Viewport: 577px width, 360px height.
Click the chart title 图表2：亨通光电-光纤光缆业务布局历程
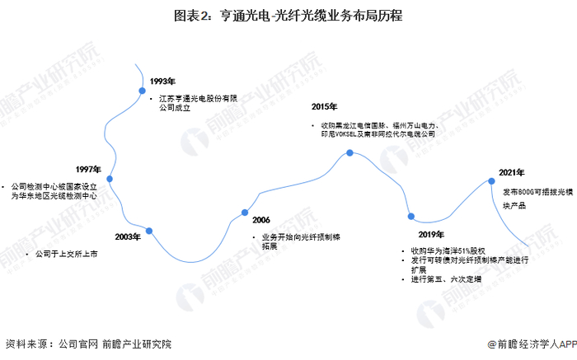(x=288, y=16)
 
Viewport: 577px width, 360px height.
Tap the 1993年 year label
(x=163, y=81)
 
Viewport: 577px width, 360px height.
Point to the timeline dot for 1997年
(x=110, y=178)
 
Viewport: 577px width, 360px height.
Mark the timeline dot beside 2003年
(x=149, y=231)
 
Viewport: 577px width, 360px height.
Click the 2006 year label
(x=261, y=221)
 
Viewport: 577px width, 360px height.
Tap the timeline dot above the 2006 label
(x=245, y=213)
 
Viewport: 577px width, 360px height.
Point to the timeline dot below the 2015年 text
(x=350, y=153)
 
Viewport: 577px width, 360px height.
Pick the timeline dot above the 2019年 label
(x=411, y=217)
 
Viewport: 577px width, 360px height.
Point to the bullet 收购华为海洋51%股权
(x=450, y=250)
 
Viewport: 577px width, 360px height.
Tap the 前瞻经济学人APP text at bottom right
(x=532, y=345)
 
